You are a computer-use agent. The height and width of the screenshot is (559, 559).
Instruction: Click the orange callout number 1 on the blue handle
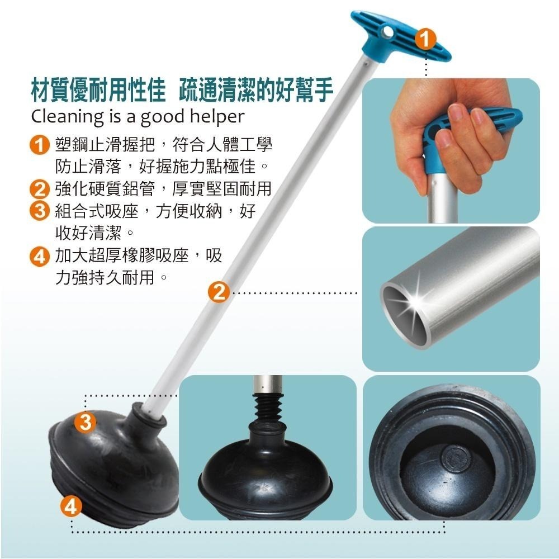(425, 39)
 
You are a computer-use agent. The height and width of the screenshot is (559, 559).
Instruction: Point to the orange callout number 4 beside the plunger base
(70, 506)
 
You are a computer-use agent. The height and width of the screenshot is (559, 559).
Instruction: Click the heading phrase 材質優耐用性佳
(98, 88)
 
